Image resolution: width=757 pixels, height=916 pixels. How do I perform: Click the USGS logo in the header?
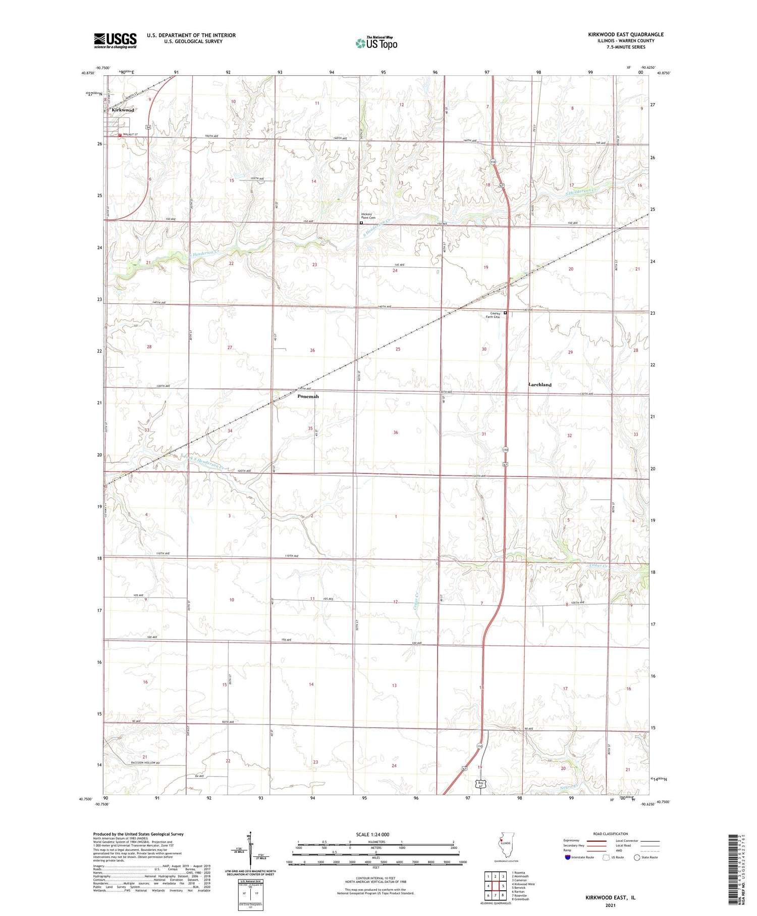coord(115,40)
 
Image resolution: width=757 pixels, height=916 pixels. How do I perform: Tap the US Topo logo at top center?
coord(376,43)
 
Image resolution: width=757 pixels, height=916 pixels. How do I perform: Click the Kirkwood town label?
coord(123,110)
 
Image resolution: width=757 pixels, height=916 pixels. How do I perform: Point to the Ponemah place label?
coord(308,397)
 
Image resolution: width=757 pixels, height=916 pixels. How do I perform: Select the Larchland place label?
coord(539,384)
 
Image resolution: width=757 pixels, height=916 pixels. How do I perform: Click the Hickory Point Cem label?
coord(366,216)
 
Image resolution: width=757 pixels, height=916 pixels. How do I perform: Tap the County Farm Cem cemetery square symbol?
coord(505,313)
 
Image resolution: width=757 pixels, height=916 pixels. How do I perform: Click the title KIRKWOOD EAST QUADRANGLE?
coord(625,34)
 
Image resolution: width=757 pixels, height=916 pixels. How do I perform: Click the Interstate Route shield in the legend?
coord(568,857)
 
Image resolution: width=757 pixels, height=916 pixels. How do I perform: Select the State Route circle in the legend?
coord(637,857)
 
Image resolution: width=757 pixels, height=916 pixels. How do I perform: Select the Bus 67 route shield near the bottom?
coord(481,784)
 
